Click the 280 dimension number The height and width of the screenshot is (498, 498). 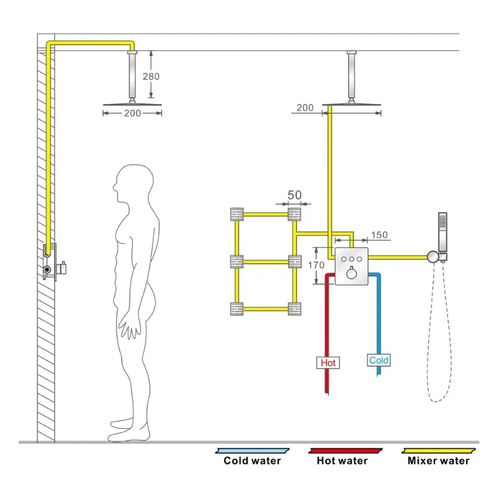click(151, 77)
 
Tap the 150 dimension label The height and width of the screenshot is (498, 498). click(379, 235)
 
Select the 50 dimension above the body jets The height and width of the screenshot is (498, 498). click(294, 195)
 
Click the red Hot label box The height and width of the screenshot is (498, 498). click(328, 362)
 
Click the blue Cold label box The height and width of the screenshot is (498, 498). click(378, 360)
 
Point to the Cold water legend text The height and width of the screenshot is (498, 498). click(252, 461)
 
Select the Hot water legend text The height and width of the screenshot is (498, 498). click(342, 461)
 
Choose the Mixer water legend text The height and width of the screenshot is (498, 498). click(438, 461)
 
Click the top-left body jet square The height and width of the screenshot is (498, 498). click(237, 214)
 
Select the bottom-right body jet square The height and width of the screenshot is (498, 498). click(294, 308)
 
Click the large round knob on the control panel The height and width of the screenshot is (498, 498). click(351, 273)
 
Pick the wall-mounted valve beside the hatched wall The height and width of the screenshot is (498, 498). click(50, 262)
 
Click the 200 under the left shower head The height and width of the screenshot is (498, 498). click(132, 113)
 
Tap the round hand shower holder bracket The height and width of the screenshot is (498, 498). click(432, 256)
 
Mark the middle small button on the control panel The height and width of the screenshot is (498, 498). click(351, 257)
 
